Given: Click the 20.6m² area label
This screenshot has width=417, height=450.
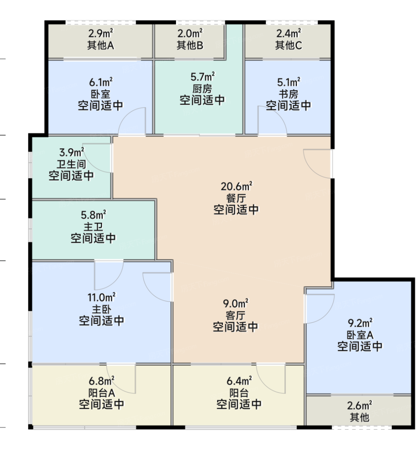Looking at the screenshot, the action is [x=236, y=186].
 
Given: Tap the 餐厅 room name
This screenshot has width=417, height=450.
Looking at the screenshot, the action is [x=236, y=198].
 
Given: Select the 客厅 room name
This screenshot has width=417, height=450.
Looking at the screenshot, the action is [x=235, y=315].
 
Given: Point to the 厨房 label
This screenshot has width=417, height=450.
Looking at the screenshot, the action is [x=202, y=89].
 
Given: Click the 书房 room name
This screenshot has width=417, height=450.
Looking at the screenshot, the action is [x=289, y=94].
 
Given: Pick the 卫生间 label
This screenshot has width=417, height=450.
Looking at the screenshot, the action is [x=71, y=164].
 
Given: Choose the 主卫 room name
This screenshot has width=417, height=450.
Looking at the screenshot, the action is [x=93, y=227].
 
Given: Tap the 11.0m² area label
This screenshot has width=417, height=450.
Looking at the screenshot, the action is [x=102, y=297].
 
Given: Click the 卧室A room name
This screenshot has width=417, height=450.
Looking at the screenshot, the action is [x=360, y=335].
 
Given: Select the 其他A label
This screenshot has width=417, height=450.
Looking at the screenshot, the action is [x=100, y=45].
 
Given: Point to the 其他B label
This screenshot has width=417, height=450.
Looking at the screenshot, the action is [x=190, y=45].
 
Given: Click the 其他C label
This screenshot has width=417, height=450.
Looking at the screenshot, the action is [x=289, y=45].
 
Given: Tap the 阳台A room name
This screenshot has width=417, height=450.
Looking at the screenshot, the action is [x=102, y=393].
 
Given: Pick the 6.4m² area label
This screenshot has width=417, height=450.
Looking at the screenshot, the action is [x=239, y=381].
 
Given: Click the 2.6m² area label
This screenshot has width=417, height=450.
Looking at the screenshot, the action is [x=359, y=405].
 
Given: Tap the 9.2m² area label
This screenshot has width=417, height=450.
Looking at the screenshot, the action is [x=360, y=323].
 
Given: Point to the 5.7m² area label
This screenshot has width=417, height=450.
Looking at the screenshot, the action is [x=202, y=77].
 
